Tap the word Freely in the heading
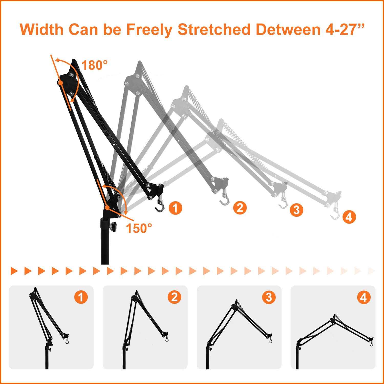click(150, 30)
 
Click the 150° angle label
click(139, 228)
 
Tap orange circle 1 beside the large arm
click(175, 208)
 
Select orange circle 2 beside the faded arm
click(240, 208)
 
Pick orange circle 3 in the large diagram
click(296, 210)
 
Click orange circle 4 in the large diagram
click(349, 217)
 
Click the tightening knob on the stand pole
click(112, 227)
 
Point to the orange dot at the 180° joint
click(60, 83)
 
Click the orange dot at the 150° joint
click(107, 207)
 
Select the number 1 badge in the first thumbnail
click(81, 297)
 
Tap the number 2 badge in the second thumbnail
click(175, 297)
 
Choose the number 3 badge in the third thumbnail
click(269, 297)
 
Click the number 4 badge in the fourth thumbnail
click(363, 298)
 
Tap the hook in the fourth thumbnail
click(371, 344)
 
